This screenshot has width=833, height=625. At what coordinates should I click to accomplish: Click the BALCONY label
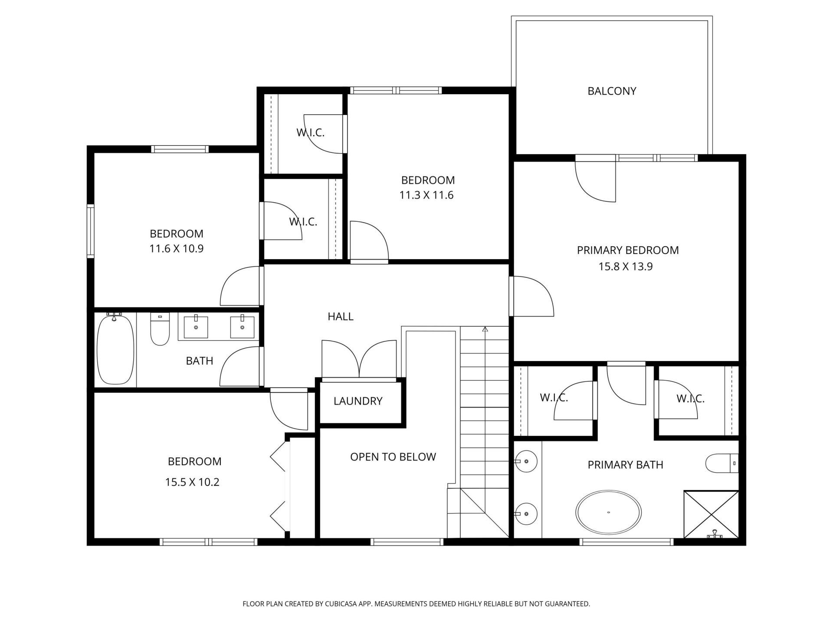click(x=612, y=91)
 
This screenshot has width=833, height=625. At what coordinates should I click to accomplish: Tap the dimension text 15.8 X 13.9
click(x=626, y=266)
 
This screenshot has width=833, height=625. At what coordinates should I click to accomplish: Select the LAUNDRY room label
click(x=358, y=401)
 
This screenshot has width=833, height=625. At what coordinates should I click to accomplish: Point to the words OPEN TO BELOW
click(x=393, y=457)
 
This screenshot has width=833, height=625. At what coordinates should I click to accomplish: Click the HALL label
click(x=341, y=317)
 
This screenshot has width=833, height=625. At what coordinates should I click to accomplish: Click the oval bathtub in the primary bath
click(x=608, y=513)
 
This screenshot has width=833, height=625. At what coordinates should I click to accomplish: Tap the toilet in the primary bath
click(x=722, y=464)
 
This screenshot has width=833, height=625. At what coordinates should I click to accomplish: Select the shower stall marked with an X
click(x=711, y=515)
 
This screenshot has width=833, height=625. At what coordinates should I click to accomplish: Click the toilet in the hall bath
click(x=160, y=329)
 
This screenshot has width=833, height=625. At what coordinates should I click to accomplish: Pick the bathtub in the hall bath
click(x=115, y=349)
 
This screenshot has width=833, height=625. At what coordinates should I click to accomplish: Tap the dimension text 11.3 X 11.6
click(x=426, y=195)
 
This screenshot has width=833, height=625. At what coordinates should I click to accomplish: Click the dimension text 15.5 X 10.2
click(x=192, y=482)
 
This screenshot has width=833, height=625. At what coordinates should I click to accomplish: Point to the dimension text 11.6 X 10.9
click(x=177, y=249)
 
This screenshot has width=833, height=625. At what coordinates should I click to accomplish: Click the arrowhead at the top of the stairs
click(x=485, y=329)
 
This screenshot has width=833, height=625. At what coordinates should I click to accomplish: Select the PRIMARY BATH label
click(x=625, y=465)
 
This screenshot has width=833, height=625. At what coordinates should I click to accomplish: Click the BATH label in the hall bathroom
click(x=200, y=361)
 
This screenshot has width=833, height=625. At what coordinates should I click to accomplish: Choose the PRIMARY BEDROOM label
click(x=628, y=250)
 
